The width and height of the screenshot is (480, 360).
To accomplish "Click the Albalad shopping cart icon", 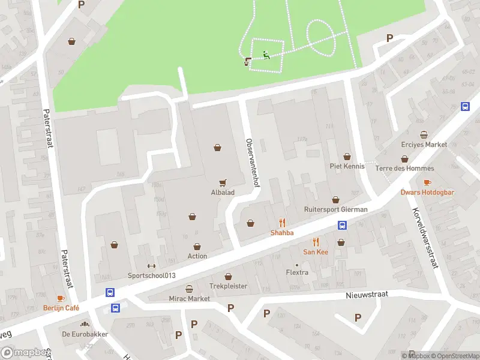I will click(223, 183).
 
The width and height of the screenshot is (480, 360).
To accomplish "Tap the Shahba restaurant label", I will click(281, 233).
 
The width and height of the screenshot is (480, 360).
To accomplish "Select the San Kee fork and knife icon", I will click(315, 242).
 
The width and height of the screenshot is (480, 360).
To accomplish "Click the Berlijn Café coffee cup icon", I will click(60, 298).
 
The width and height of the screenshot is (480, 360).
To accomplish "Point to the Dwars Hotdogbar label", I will click(426, 193).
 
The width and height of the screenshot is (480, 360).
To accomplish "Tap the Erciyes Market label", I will click(424, 145).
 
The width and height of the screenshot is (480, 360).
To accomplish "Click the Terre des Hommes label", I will click(404, 169).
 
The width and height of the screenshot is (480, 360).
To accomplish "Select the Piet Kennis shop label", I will click(347, 166).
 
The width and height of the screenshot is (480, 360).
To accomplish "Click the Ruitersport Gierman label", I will click(335, 209).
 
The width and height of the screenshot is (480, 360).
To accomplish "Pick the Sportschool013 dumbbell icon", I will click(151, 266).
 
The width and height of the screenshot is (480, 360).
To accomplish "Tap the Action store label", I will click(197, 256).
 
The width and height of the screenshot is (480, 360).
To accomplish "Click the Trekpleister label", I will click(228, 286).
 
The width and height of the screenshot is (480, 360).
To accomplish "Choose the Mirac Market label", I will click(190, 298).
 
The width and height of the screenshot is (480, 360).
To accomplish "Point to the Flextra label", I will click(297, 272).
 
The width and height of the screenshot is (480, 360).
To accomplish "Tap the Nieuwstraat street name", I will click(367, 295).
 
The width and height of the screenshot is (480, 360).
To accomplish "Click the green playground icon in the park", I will click(266, 55).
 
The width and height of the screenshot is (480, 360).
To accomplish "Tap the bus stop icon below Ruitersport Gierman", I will click(342, 226).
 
